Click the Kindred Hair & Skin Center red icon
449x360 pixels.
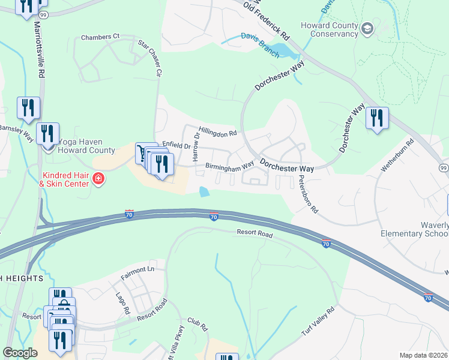[98, 179]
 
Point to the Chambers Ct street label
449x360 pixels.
[100, 37]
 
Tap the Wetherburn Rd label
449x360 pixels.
[397, 157]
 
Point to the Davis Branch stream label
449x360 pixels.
[260, 45]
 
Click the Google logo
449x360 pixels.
[20, 353]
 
